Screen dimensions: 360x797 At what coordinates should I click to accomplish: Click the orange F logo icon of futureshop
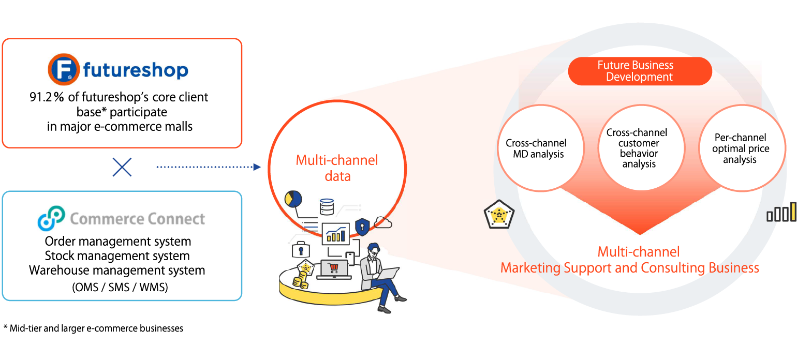[63, 69]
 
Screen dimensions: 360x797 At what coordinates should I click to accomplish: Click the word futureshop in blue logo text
[136, 70]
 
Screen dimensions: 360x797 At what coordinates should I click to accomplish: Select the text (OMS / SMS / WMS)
[120, 288]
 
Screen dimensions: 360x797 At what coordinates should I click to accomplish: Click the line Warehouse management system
[117, 270]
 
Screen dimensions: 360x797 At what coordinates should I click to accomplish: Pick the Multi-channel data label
[337, 168]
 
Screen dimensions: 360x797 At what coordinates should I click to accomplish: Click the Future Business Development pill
[640, 71]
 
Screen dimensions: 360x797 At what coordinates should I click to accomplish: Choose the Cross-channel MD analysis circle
[536, 148]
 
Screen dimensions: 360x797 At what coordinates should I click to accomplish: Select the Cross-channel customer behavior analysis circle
[637, 148]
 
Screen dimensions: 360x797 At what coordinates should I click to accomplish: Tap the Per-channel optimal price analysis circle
[740, 148]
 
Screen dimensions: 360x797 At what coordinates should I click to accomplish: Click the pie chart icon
[293, 199]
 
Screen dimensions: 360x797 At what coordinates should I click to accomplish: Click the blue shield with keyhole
[362, 226]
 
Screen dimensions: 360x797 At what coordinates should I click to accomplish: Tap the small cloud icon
[383, 222]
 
